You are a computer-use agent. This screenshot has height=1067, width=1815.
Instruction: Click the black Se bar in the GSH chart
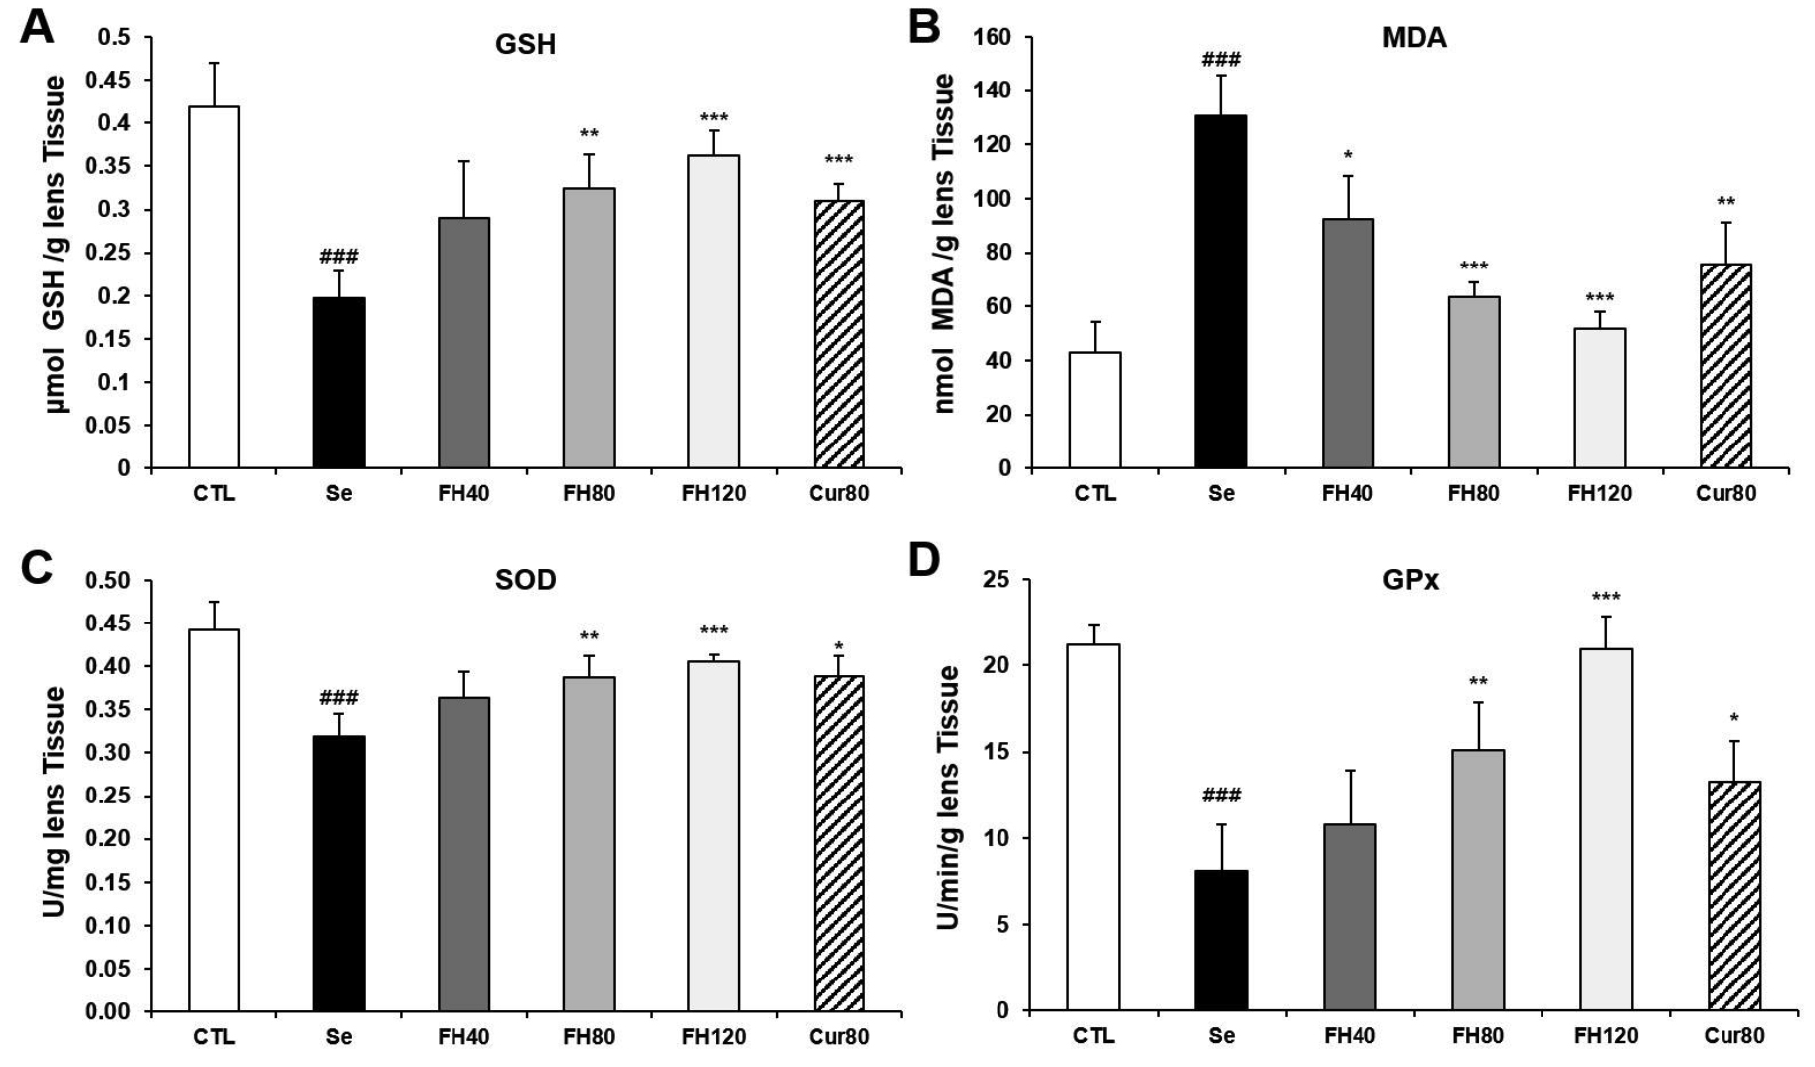point(339,383)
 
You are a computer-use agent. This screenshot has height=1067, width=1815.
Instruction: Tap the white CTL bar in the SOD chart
point(213,820)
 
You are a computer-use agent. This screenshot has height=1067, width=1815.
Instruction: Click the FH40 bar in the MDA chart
point(1348,343)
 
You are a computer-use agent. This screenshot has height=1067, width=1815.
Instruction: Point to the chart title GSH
point(525,45)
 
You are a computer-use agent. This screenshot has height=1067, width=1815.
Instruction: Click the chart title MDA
point(1413,39)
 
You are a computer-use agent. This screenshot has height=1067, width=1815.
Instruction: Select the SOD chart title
point(525,580)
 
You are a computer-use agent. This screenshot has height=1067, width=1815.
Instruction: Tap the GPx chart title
point(1410,580)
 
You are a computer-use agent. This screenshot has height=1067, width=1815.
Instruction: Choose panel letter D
point(924,562)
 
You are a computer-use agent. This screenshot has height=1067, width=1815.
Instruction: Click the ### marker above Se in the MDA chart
point(1221,61)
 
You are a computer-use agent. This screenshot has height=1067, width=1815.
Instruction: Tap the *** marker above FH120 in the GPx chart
point(1605,598)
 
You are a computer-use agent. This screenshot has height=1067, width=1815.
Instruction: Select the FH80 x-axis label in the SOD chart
point(589,1037)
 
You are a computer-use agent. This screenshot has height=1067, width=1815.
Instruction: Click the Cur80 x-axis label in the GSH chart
point(838,493)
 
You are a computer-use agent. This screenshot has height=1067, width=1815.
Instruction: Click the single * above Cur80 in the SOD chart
point(839,647)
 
